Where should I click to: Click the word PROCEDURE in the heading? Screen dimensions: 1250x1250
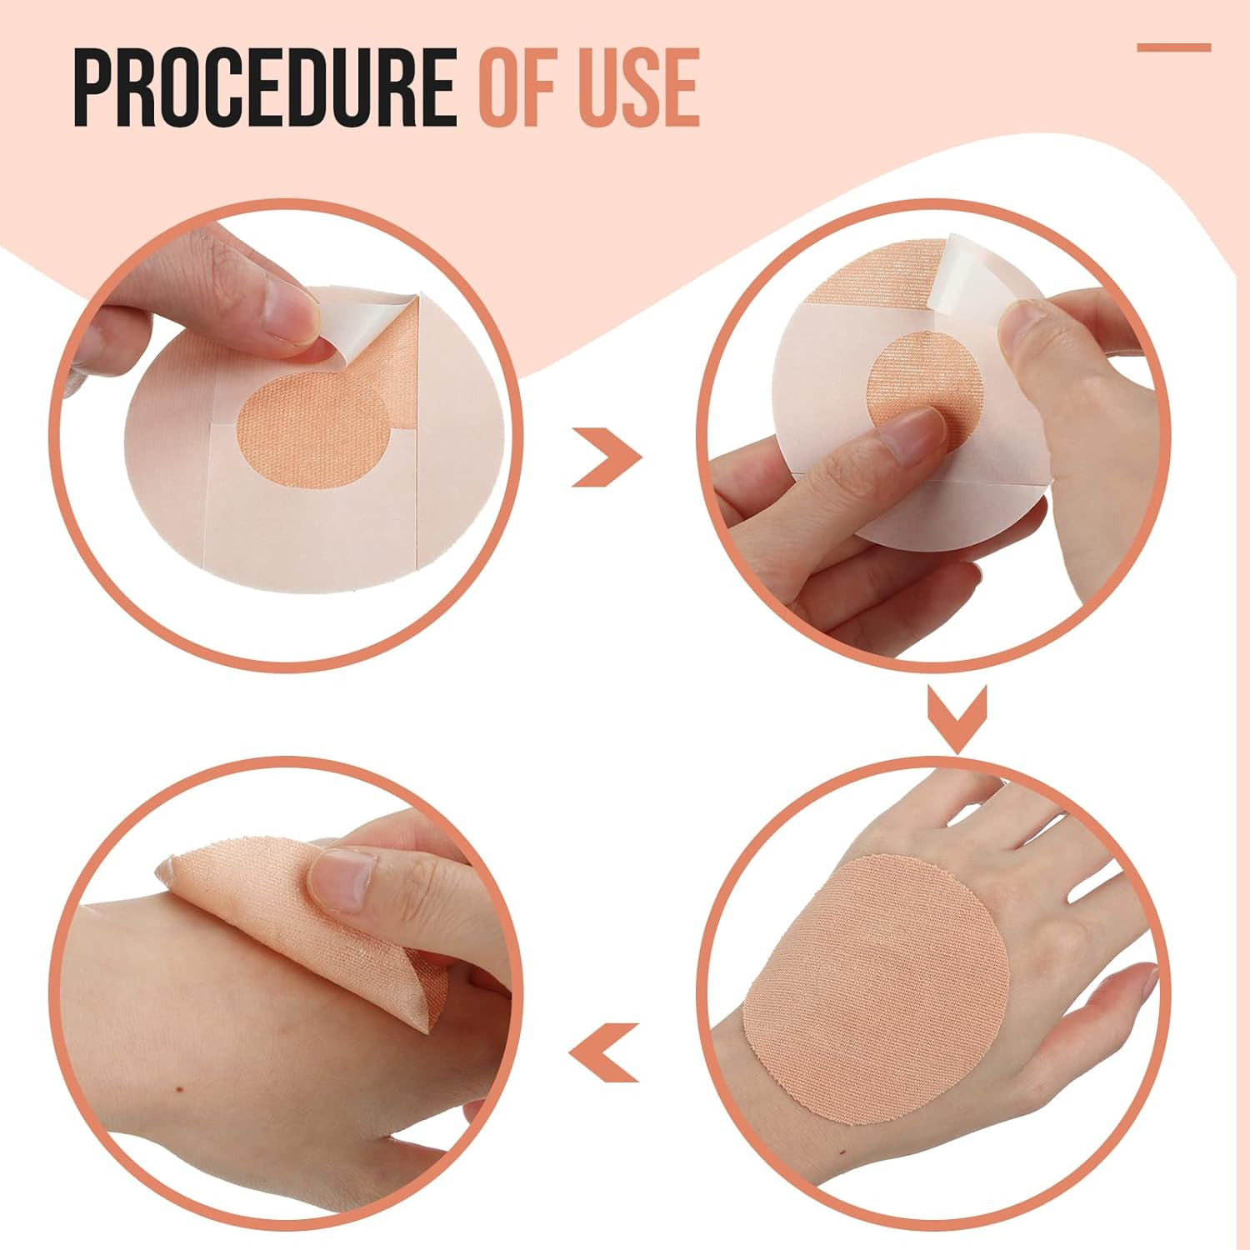click(x=265, y=87)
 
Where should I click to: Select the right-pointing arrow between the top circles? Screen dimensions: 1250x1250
click(x=607, y=457)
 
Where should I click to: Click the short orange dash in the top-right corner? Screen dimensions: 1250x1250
click(x=1173, y=47)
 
